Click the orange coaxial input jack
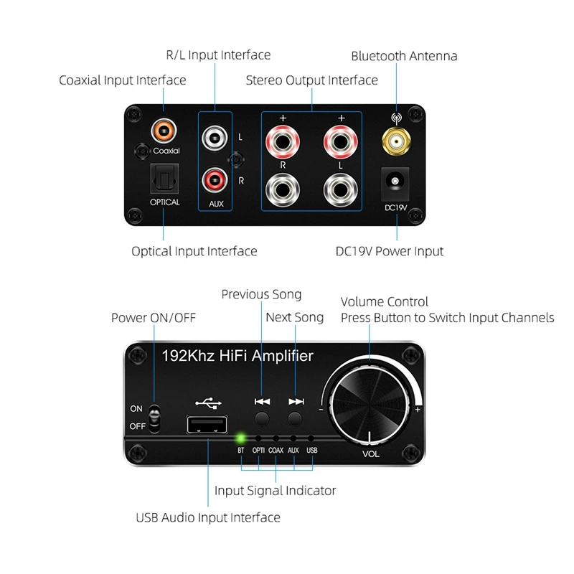pos(164,131)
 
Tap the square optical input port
pos(164,179)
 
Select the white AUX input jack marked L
pos(215,138)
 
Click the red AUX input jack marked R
pos(215,180)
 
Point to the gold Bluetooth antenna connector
pos(396,141)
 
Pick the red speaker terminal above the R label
pos(283,141)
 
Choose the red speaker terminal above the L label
pos(341,141)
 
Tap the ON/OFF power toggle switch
pos(154,418)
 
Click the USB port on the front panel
pos(207,425)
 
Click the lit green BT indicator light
pos(241,438)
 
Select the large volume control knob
pos(370,403)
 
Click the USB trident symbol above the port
pos(209,403)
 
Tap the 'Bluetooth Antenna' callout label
pos(404,56)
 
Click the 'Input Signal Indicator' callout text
pos(276,491)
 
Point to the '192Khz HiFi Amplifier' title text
pos(237,356)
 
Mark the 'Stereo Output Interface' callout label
pos(312,80)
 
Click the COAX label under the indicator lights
pos(276,451)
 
